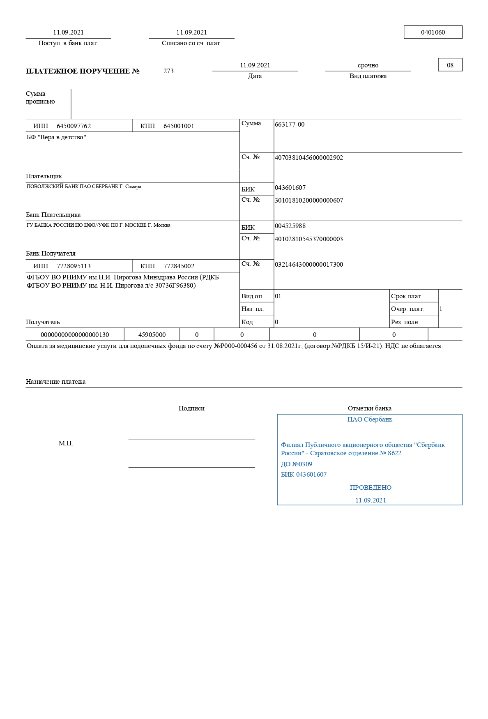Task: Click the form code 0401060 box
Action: (433, 32)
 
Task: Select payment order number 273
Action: (168, 71)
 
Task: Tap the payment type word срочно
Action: (368, 65)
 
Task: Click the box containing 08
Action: (450, 65)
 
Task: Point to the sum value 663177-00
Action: (290, 124)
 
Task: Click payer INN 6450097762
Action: (74, 126)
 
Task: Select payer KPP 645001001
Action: (179, 126)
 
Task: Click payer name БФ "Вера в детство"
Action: (56, 137)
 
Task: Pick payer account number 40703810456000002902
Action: (309, 158)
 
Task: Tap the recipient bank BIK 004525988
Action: (290, 226)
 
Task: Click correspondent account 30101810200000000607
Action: (309, 200)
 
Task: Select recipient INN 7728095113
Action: (74, 266)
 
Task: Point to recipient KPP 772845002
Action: (179, 266)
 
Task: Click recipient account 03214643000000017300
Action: (309, 265)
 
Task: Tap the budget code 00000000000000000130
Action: (75, 335)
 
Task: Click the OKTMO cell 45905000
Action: (152, 335)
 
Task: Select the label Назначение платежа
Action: (55, 382)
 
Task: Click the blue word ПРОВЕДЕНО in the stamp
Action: (371, 488)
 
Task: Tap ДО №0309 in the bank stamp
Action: (297, 464)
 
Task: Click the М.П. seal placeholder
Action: (66, 444)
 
